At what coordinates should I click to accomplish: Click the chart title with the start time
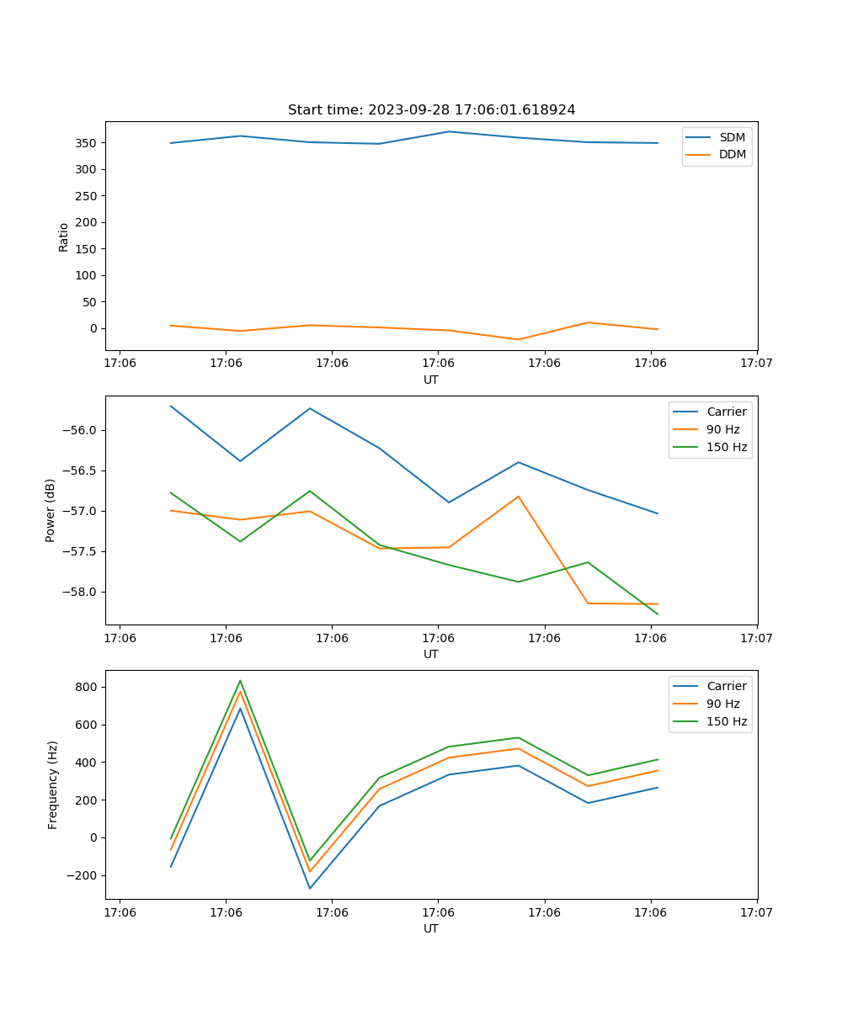click(431, 110)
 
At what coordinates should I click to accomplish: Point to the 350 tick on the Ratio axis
click(88, 143)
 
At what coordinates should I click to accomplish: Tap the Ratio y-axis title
click(64, 237)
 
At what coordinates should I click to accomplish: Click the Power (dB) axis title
click(51, 510)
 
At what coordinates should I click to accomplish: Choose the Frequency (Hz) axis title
click(52, 784)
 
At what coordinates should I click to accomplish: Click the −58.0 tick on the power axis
click(81, 592)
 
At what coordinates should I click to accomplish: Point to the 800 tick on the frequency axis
click(88, 687)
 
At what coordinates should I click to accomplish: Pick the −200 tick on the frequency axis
click(84, 875)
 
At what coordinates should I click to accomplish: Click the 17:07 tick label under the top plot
click(756, 363)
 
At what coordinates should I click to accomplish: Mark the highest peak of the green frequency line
click(240, 681)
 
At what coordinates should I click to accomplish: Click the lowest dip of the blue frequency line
click(310, 888)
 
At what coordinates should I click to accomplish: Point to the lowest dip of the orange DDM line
click(518, 339)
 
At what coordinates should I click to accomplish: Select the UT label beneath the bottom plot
click(431, 928)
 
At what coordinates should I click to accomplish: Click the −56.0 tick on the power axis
click(81, 430)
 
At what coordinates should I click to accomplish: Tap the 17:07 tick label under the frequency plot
click(756, 912)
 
